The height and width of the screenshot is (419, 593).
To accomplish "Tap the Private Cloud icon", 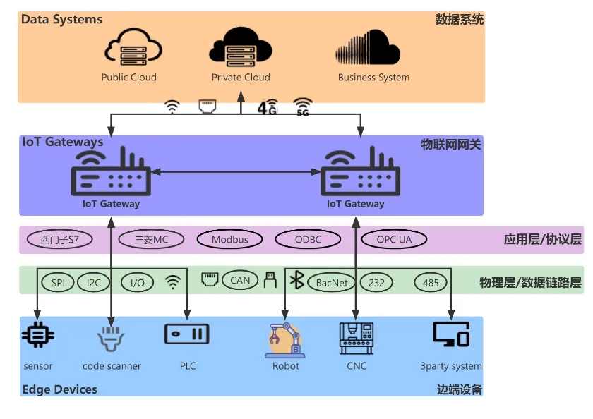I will tap(241, 48).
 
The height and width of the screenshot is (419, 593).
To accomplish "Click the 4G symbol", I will tap(266, 108).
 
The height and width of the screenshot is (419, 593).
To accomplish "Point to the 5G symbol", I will tap(303, 107).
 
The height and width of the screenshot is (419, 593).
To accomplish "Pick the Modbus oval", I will tap(230, 240).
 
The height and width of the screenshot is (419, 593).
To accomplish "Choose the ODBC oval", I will tap(308, 240).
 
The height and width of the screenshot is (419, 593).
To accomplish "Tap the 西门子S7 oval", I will tap(60, 240).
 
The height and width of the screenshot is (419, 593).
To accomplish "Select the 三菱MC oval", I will tap(152, 240).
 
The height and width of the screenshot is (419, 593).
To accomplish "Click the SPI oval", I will tap(58, 283).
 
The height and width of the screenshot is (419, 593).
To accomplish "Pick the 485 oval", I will tap(431, 283).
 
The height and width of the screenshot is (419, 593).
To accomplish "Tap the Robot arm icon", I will tap(285, 339).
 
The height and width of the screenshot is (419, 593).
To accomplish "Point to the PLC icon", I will tap(187, 334).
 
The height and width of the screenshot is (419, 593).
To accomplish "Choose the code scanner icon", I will tap(111, 338).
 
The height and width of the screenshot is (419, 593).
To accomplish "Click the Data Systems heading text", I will tap(62, 20).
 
